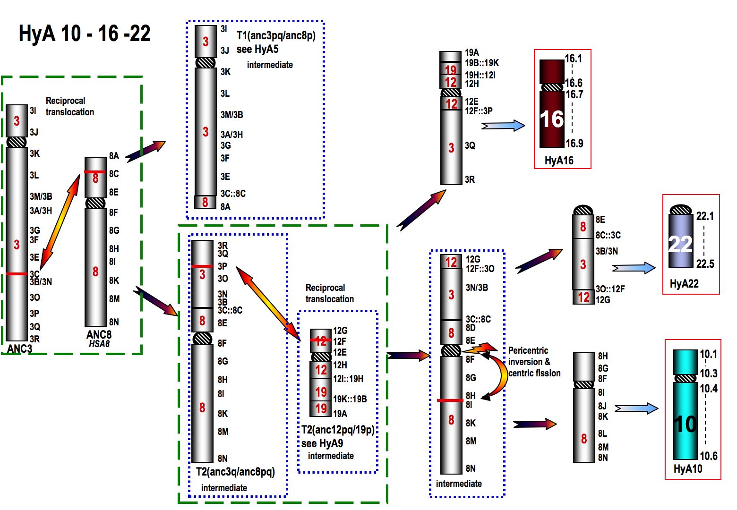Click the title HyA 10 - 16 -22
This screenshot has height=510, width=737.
pyautogui.click(x=85, y=34)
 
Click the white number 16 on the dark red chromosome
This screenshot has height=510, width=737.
pyautogui.click(x=552, y=119)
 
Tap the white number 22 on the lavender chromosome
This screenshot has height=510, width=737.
pyautogui.click(x=680, y=244)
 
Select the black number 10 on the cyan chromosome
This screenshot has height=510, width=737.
pyautogui.click(x=685, y=424)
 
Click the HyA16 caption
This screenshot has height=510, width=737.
pyautogui.click(x=559, y=161)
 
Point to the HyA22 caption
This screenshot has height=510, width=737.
pyautogui.click(x=684, y=283)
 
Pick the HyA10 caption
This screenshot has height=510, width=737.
pyautogui.click(x=688, y=469)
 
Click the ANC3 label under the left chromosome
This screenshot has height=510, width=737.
pyautogui.click(x=20, y=349)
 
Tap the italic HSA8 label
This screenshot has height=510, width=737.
pyautogui.click(x=99, y=344)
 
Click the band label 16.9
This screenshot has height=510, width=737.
pyautogui.click(x=574, y=144)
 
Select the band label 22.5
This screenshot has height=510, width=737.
pyautogui.click(x=705, y=264)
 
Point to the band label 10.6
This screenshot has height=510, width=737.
pyautogui.click(x=709, y=456)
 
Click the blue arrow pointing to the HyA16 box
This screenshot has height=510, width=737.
pyautogui.click(x=504, y=126)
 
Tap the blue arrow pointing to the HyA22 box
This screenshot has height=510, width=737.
pyautogui.click(x=634, y=268)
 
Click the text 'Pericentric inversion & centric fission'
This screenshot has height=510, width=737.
pyautogui.click(x=534, y=362)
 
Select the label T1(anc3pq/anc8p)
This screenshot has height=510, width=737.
pyautogui.click(x=276, y=35)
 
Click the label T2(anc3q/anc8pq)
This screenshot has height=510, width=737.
pyautogui.click(x=235, y=471)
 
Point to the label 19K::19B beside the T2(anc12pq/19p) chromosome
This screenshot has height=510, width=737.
pyautogui.click(x=350, y=399)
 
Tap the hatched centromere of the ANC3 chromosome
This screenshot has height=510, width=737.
pyautogui.click(x=17, y=142)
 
